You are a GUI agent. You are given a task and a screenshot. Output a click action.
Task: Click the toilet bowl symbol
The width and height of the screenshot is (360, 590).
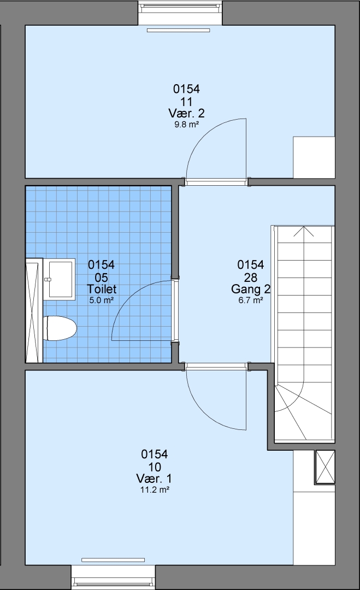60,328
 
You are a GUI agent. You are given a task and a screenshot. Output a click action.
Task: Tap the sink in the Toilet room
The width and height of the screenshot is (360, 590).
60,279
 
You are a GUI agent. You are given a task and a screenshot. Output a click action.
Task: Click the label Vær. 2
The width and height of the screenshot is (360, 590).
187,113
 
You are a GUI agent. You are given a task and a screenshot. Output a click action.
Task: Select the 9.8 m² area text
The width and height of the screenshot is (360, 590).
187,125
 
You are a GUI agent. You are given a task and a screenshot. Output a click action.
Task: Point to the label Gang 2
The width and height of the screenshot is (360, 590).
251,289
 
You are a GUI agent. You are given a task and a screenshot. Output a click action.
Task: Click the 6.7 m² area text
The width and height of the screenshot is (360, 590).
251,300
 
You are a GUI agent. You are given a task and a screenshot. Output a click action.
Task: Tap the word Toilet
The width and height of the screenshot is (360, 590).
102,289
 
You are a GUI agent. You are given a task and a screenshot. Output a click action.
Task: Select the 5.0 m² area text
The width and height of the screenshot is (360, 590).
102,300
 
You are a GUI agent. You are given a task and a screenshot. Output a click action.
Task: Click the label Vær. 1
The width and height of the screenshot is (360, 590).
154,479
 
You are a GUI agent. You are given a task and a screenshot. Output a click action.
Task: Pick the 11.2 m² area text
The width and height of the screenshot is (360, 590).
154,490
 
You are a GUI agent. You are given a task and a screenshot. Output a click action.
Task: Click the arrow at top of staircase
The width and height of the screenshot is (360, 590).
304,231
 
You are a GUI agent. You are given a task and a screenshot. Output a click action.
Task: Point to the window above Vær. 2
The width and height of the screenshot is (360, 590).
181,13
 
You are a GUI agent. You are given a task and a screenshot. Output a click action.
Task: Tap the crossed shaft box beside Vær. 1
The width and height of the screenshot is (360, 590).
325,467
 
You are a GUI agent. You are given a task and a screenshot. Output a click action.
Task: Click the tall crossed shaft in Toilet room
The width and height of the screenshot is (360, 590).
32,310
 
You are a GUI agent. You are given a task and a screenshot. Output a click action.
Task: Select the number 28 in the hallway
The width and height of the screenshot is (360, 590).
251,278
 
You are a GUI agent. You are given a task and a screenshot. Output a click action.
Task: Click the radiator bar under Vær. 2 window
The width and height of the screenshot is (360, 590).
178,30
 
